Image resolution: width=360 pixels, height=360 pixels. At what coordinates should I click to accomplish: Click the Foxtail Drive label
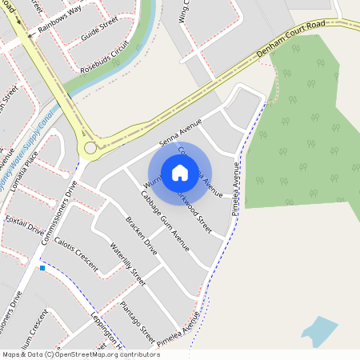click(x=25, y=223)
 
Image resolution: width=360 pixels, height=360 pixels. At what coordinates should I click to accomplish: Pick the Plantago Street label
click(x=137, y=318)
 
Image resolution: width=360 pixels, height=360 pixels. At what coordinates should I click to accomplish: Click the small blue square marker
click(x=42, y=268)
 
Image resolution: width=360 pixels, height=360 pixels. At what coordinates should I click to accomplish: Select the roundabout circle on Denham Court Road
click(x=90, y=147)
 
